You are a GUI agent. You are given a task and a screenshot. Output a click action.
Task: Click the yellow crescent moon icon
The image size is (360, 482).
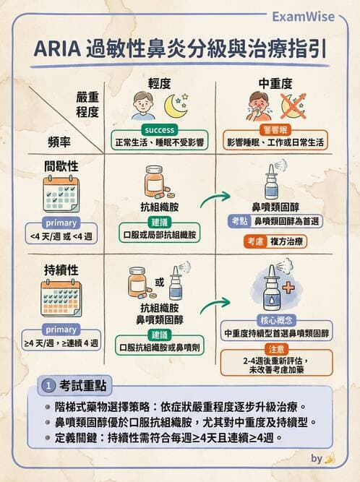coord(175,107)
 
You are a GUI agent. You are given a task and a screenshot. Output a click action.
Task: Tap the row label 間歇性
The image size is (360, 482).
coord(61,165)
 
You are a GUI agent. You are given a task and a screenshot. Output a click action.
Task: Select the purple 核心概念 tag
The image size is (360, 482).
coord(275,319)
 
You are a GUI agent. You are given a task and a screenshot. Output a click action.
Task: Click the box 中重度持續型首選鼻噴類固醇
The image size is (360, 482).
coord(276,333)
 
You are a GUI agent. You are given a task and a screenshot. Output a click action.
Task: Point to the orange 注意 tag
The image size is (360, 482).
coord(276,348)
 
